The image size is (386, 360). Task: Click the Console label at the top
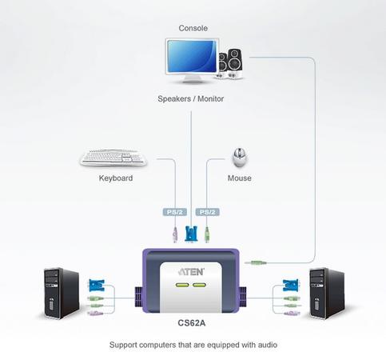(193, 28)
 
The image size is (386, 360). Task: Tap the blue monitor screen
(192, 56)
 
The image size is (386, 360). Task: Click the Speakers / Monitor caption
(191, 98)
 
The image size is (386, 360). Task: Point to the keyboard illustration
(113, 158)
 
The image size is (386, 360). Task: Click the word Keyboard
(116, 178)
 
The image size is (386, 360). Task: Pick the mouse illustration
(240, 158)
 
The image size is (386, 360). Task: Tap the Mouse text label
(240, 178)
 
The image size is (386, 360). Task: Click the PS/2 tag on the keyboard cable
(175, 212)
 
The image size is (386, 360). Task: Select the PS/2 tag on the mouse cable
(208, 212)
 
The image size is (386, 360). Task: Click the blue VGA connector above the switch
(191, 234)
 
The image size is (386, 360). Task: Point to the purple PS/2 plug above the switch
(175, 234)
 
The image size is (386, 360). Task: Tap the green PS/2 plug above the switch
(207, 234)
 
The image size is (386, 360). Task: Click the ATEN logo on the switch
(191, 272)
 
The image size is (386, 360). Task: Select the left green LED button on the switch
(182, 285)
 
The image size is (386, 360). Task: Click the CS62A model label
(192, 323)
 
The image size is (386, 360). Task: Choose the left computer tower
(62, 293)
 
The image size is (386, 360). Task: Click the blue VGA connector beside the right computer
(290, 286)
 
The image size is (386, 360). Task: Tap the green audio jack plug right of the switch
(256, 263)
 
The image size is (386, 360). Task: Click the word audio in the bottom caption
(268, 345)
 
